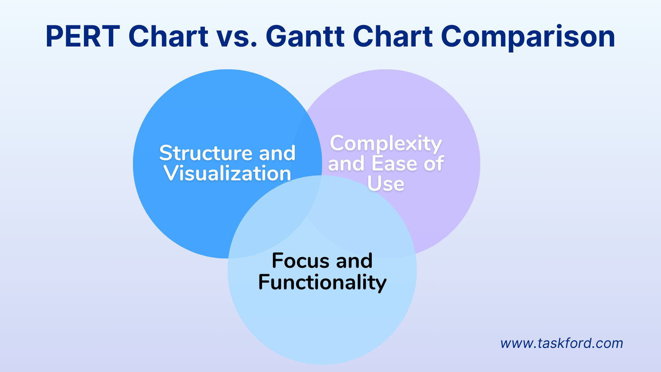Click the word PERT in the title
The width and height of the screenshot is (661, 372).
82,36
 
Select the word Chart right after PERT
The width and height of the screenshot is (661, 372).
168,36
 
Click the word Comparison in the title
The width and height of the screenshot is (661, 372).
528,36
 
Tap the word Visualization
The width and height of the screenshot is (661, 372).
227,174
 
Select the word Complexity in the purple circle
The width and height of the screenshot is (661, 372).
386,143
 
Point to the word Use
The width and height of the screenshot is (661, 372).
386,184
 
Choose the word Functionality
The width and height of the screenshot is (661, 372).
322,282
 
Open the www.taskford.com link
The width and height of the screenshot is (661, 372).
562,343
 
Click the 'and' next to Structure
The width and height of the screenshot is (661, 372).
277,153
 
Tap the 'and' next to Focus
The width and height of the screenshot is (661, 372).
354,261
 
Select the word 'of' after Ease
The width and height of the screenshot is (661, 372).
433,164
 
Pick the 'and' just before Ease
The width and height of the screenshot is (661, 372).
347,164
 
